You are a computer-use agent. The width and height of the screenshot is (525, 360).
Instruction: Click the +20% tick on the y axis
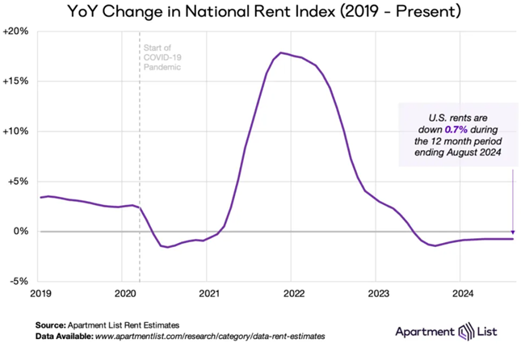point(17,31)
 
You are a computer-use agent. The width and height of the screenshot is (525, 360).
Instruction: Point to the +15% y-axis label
point(17,82)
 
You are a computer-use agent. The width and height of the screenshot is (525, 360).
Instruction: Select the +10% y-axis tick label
point(17,132)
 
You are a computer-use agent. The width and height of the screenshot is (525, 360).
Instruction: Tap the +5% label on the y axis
point(19,182)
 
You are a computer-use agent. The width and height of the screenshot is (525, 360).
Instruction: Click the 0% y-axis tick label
point(22,232)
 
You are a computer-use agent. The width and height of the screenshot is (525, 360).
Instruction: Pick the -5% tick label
point(19,282)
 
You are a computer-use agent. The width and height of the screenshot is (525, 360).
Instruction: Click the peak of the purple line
point(280,52)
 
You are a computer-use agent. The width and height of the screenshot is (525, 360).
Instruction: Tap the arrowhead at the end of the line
point(514,237)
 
